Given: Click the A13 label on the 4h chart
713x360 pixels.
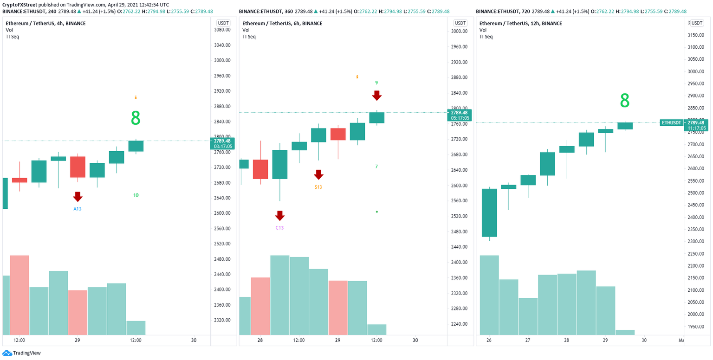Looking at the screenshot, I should (78, 209).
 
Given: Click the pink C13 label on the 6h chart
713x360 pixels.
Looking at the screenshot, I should (279, 228).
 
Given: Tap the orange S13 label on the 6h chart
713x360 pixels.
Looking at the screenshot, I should (318, 187).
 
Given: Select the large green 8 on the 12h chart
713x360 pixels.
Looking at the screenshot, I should (625, 101).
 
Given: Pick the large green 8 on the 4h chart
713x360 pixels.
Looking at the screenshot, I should (136, 118).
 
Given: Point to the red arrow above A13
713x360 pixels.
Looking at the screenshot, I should (78, 197).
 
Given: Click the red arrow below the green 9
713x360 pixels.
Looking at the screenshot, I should (376, 96).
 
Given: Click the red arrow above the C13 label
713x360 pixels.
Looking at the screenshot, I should (279, 216).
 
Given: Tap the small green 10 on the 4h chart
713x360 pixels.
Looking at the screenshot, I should (136, 195).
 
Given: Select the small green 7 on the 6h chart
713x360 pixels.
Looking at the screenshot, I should (376, 166).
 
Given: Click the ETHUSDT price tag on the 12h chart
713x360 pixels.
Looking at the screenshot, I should (672, 122).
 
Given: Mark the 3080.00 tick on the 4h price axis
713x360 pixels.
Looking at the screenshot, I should (223, 30).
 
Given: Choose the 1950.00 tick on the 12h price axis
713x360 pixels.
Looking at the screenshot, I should (696, 327).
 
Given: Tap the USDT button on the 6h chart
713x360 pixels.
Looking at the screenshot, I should (460, 23).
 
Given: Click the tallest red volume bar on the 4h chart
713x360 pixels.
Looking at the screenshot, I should (19, 295).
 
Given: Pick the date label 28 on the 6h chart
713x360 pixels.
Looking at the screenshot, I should (260, 340).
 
